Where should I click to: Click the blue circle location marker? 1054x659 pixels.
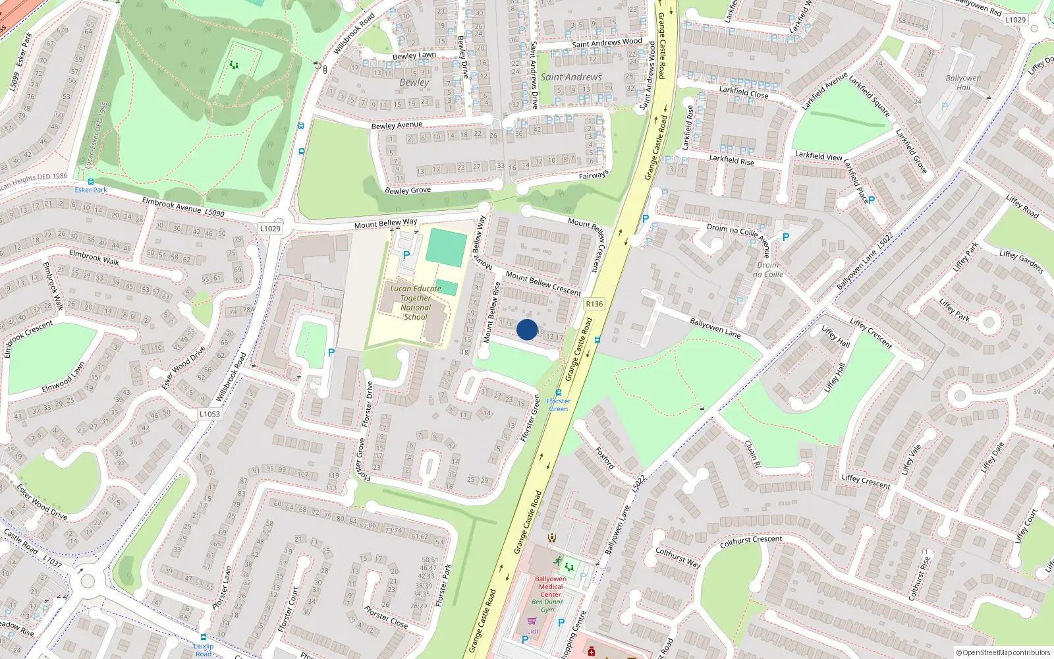click(x=527, y=329)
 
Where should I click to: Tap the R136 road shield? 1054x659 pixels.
click(x=594, y=304)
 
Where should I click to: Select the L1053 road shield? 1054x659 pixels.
click(x=209, y=414)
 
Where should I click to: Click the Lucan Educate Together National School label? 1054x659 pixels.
click(x=416, y=302)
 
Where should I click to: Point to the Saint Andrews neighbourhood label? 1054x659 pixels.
click(x=571, y=77)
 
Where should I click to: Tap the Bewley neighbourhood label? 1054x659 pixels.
click(x=414, y=82)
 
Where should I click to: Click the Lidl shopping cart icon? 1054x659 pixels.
click(x=532, y=621)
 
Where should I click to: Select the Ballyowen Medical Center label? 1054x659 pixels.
click(x=551, y=587)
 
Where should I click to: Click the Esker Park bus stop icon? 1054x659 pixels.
click(x=91, y=182)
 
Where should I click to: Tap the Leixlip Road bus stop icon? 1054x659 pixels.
click(x=204, y=637)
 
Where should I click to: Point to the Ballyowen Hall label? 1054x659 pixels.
click(x=963, y=82)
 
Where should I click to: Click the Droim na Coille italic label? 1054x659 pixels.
click(x=768, y=270)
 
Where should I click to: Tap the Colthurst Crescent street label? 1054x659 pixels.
click(x=751, y=541)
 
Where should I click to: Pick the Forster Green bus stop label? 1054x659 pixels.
click(x=559, y=405)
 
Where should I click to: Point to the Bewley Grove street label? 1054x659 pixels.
click(x=408, y=190)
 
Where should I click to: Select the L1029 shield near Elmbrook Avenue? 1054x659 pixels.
click(x=270, y=229)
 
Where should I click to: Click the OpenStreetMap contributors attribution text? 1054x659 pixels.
click(x=1003, y=652)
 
